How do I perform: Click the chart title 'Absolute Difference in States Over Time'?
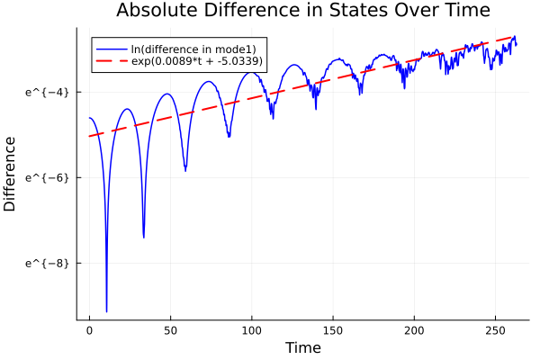302,11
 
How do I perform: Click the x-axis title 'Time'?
302,347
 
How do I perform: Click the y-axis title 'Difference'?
10,174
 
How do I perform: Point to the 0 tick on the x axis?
89,331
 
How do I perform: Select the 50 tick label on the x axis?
170,331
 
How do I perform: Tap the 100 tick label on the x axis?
252,331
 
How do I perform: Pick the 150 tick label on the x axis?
333,331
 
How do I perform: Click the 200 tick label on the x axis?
414,331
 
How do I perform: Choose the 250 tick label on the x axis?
495,331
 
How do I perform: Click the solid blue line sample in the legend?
112,49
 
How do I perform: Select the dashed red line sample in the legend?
112,63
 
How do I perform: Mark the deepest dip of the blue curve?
106,310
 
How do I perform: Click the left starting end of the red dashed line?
90,136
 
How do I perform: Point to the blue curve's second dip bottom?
144,237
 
